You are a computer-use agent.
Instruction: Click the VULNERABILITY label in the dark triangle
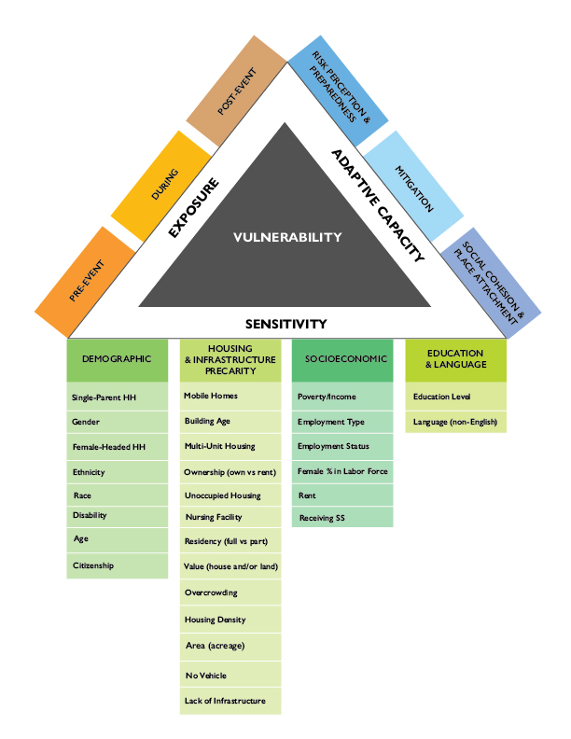(286, 237)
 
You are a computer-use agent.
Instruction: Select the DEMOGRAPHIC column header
(117, 358)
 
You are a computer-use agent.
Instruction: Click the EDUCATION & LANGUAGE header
(454, 358)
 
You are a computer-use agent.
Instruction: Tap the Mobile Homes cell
(230, 396)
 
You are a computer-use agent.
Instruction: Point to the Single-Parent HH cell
(117, 397)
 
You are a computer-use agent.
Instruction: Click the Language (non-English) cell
(454, 423)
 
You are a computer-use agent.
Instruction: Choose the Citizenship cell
(117, 565)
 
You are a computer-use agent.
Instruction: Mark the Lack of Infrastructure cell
(230, 701)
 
